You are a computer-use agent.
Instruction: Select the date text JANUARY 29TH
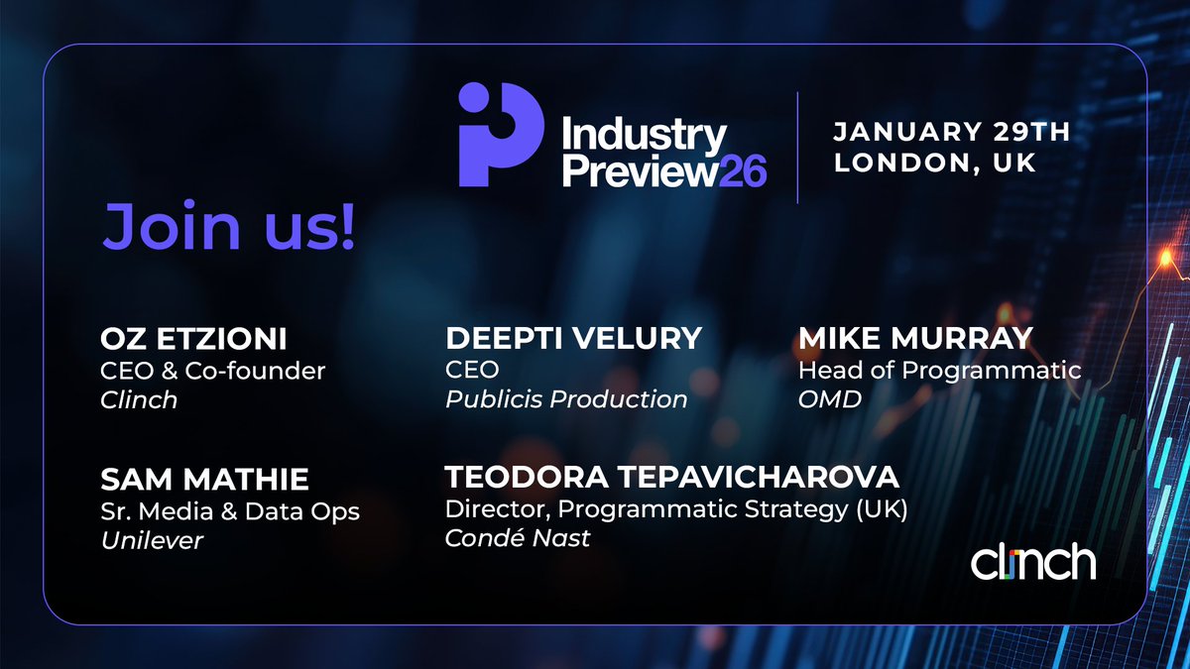(950, 132)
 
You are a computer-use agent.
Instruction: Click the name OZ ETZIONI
(194, 339)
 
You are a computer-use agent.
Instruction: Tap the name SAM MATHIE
(204, 480)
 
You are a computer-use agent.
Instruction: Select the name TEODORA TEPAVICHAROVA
(671, 477)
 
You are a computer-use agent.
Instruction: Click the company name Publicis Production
(566, 399)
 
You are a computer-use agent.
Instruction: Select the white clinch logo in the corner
(1033, 562)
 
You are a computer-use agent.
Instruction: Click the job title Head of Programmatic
(939, 370)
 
